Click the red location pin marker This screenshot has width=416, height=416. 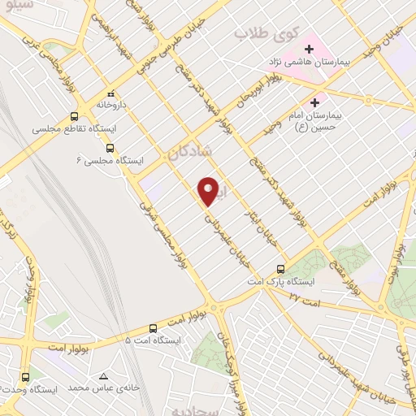tap(209, 190)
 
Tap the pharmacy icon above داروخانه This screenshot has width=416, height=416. tap(110, 93)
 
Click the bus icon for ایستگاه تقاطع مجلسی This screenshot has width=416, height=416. tap(75, 116)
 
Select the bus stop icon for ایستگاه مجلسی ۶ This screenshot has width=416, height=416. tap(110, 149)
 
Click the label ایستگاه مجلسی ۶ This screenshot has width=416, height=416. tap(114, 161)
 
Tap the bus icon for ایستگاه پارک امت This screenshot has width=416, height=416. tap(280, 269)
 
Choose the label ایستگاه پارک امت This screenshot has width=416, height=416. tap(281, 281)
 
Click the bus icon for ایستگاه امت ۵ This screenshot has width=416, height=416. tap(153, 327)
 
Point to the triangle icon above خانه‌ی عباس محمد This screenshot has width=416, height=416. tap(103, 376)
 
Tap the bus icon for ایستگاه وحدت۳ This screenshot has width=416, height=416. tap(25, 377)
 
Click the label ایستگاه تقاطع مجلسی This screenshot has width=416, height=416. tap(74, 129)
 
